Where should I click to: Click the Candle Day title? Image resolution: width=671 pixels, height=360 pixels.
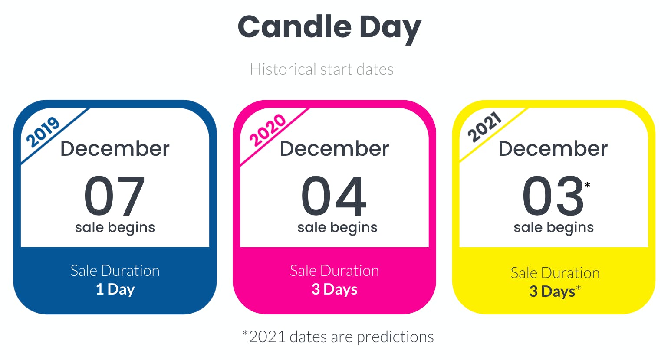tap(329, 29)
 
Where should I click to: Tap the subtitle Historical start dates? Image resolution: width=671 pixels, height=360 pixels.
tap(322, 69)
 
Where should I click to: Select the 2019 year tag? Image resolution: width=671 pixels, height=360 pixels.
tap(43, 132)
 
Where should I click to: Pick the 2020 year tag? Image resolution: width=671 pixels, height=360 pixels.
tap(267, 130)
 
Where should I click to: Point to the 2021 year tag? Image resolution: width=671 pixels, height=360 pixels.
tap(484, 127)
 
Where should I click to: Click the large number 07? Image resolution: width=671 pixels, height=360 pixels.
tap(115, 196)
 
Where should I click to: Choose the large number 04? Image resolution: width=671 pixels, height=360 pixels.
tap(334, 196)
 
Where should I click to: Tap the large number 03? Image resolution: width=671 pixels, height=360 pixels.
tap(553, 196)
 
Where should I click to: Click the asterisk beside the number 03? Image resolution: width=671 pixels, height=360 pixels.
tap(587, 185)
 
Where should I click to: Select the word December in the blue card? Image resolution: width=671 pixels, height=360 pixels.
tap(115, 149)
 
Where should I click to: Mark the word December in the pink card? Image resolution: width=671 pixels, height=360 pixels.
tap(334, 149)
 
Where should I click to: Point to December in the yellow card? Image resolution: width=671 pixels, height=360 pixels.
tap(553, 149)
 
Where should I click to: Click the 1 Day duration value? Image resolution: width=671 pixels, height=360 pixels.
tap(115, 289)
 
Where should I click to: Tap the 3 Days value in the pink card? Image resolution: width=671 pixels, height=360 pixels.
tap(335, 289)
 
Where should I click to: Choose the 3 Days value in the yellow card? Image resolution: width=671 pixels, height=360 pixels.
tap(552, 291)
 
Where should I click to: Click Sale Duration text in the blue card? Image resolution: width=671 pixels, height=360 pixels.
tap(115, 271)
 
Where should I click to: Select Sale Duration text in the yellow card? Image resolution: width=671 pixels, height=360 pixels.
tap(555, 273)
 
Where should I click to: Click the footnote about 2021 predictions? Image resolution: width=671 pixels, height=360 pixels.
tap(338, 337)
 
